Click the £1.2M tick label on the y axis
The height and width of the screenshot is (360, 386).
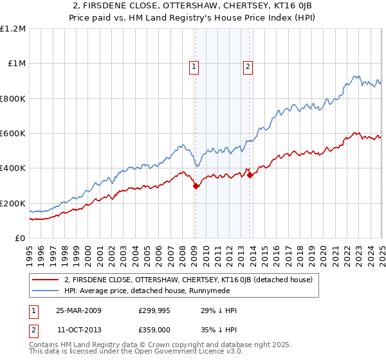[13, 29]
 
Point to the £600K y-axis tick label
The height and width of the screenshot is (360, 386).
[13, 134]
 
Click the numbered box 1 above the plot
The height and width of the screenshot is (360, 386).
[194, 65]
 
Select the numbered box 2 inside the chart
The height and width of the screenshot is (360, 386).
[248, 65]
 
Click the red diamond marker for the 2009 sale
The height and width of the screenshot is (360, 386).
[196, 186]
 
